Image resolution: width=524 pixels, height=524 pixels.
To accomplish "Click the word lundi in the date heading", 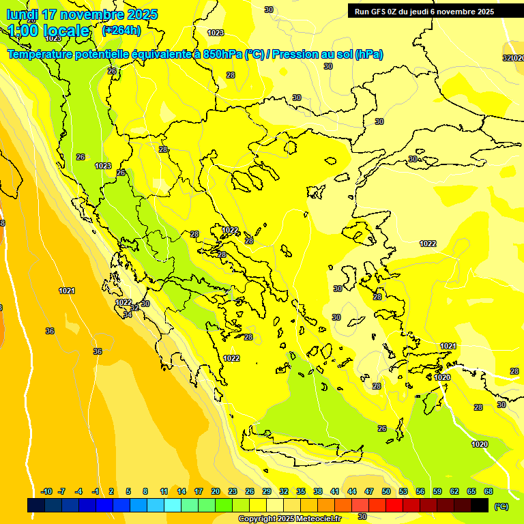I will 22,14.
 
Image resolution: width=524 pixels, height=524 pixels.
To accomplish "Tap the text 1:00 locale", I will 48,31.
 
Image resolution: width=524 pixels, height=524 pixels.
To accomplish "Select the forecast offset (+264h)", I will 122,31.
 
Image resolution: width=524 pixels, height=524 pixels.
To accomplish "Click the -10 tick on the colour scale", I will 46,491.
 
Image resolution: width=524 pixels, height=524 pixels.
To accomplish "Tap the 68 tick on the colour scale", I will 489,491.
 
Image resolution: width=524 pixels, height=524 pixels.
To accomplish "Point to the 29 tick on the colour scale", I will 267,491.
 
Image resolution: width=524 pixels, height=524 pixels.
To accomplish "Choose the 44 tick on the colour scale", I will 352,491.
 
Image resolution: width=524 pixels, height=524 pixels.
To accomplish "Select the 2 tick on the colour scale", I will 112,491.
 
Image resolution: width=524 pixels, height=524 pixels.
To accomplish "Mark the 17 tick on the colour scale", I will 199,491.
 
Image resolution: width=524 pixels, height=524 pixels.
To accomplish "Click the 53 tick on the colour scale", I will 403,491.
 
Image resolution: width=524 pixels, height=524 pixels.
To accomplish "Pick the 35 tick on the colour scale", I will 301,491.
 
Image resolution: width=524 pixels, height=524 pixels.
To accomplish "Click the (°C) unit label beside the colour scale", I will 501,506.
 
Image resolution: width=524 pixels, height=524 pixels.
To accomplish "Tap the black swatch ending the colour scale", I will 480,505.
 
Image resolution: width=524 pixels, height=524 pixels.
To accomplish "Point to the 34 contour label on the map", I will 128,315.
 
